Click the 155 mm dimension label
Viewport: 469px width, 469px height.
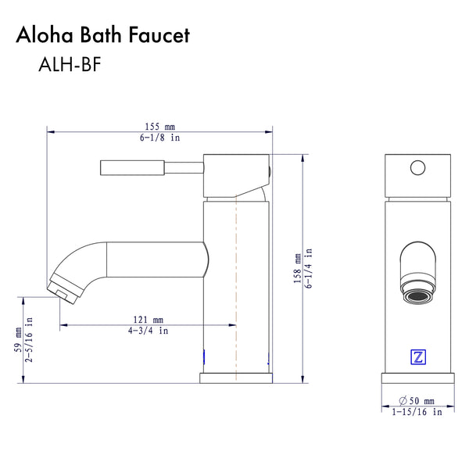pos(159,125)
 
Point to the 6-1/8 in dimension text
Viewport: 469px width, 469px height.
pos(159,138)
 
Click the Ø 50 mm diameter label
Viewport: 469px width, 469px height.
pos(417,399)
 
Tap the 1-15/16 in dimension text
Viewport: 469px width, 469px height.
pos(417,411)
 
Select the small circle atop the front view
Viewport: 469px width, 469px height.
pos(417,166)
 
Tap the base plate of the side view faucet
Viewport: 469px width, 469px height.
pos(236,378)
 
